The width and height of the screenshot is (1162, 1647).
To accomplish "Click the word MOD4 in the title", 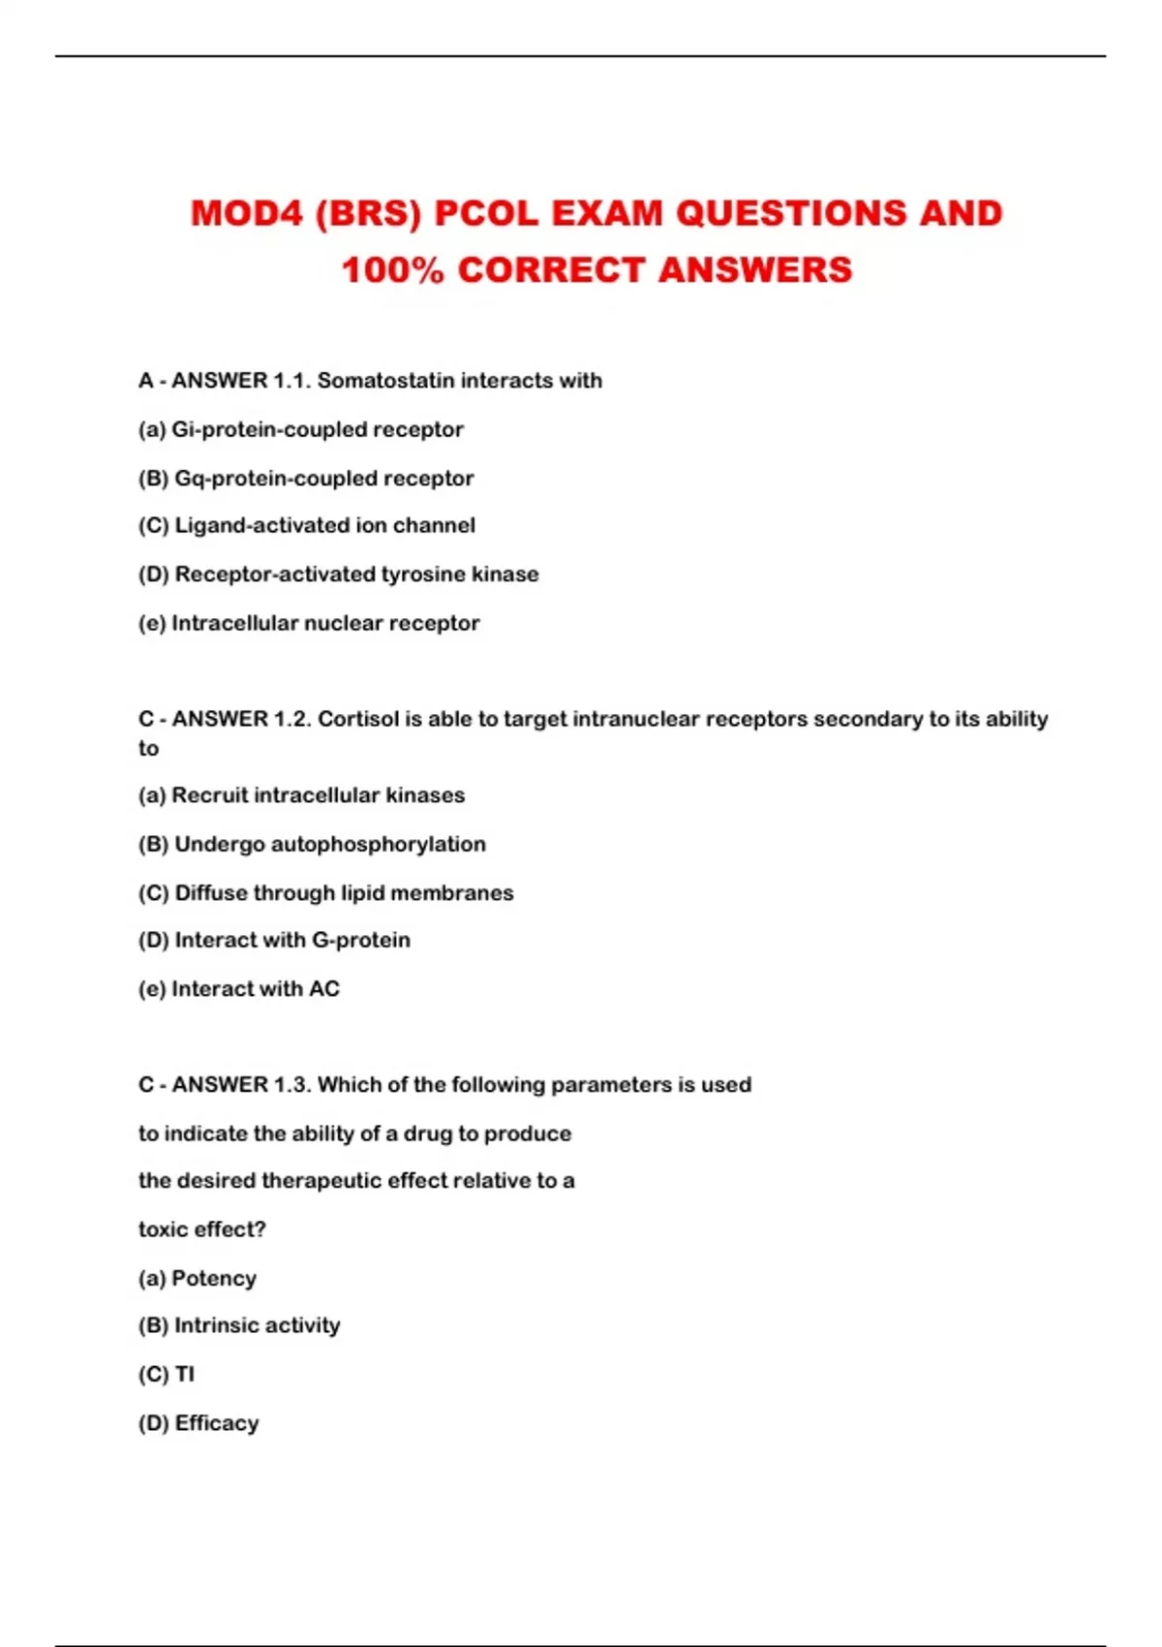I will point(247,214).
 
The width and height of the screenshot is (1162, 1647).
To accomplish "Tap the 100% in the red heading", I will point(392,270).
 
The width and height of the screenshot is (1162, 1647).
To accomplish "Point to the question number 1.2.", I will point(292,719).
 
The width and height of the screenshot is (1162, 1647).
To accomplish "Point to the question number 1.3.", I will point(292,1085).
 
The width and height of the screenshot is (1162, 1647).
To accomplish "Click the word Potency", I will point(213,1279).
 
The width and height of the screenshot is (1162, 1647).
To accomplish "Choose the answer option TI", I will point(184,1375).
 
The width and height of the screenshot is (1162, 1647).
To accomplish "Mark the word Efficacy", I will point(217,1423).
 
